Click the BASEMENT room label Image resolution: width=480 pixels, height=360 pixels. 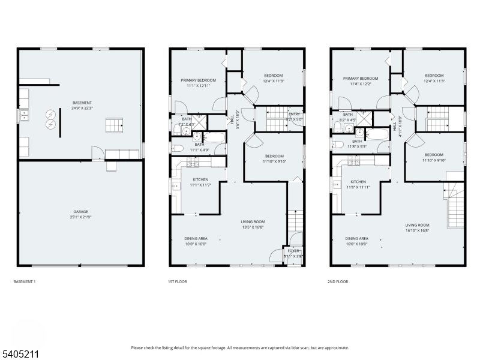coord(82,103)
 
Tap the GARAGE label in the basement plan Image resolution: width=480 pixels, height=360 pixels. coord(81,211)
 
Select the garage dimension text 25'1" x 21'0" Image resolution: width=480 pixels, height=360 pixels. coord(81,217)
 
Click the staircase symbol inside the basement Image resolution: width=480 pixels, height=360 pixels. coord(115,125)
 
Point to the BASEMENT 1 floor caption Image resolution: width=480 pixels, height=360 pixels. coord(24,281)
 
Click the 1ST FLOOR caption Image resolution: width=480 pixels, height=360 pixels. coord(177,281)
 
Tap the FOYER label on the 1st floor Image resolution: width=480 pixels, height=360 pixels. coord(293,251)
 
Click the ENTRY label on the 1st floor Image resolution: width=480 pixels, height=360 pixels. coord(294,114)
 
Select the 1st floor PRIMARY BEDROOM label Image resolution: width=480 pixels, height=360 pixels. coord(199,80)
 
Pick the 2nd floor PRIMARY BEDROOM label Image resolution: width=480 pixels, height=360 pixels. coord(361,79)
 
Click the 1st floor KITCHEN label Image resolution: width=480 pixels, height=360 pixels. coord(200,179)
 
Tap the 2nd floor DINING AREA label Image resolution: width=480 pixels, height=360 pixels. coord(357,238)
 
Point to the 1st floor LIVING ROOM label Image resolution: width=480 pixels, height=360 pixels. coord(253,221)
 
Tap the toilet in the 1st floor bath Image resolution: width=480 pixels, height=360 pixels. coord(176,148)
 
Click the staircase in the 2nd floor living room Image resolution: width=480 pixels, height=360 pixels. coord(456,204)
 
